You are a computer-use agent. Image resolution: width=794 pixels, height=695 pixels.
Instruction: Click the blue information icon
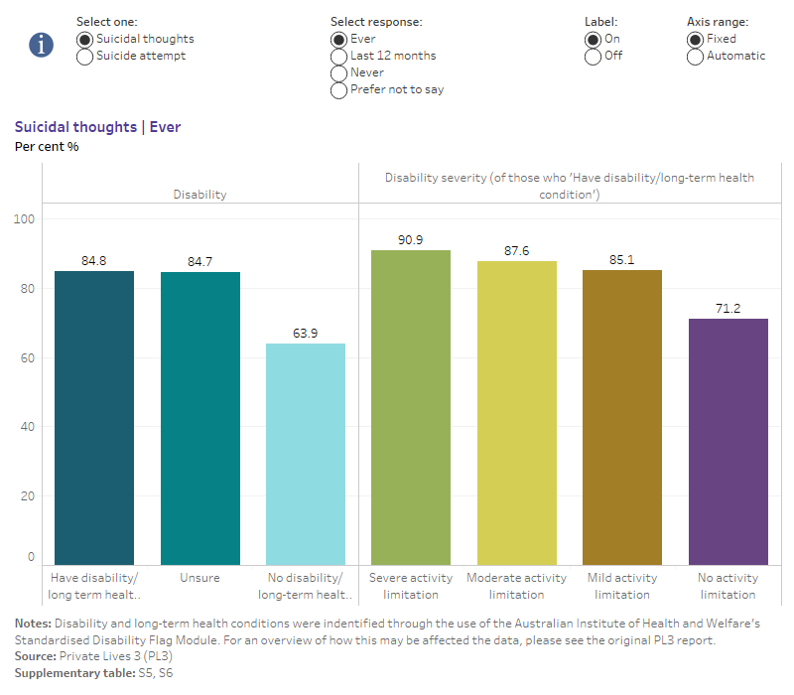41,45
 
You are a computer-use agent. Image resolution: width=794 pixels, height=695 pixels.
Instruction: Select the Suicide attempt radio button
84,57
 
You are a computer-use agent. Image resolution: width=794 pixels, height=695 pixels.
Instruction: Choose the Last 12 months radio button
339,57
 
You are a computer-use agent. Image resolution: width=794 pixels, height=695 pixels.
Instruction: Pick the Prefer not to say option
339,90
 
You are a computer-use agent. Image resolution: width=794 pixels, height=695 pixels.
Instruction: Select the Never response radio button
339,73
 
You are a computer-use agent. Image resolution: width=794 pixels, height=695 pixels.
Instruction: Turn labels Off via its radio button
594,57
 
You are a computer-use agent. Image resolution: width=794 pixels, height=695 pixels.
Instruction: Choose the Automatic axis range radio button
696,57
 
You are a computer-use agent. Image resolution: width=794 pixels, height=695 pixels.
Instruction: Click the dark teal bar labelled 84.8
94,417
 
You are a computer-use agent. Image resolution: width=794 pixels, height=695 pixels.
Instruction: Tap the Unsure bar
199,417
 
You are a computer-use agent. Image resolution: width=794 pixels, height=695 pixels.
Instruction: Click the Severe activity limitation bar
411,407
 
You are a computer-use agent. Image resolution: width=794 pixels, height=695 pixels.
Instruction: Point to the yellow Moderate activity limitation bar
517,412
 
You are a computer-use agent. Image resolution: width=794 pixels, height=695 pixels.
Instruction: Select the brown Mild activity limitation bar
622,417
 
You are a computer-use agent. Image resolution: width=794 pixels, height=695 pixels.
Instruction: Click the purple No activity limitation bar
728,441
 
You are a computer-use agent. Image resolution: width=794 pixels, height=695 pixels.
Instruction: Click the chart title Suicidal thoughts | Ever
97,127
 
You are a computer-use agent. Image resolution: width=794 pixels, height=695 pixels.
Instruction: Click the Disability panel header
199,195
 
